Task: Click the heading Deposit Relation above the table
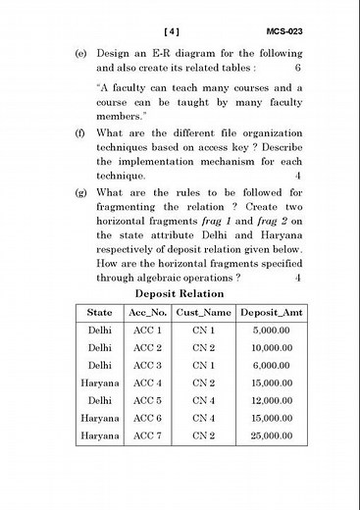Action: click(x=180, y=293)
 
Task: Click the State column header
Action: click(x=99, y=313)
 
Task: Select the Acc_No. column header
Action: click(x=147, y=313)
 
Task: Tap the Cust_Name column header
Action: click(x=203, y=313)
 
